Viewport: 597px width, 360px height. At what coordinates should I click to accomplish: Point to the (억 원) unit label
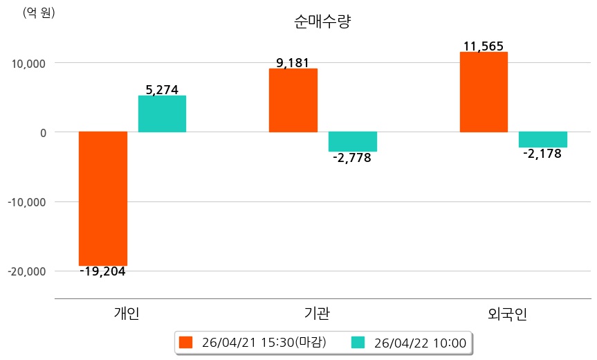point(39,13)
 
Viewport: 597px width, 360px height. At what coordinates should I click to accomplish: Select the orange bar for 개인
point(103,198)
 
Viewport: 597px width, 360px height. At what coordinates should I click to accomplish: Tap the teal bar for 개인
point(162,114)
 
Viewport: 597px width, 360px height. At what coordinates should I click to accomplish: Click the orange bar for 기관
point(293,100)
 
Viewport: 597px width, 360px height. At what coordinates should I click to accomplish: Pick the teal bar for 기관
point(352,141)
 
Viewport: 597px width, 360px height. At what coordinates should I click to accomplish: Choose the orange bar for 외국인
point(484,91)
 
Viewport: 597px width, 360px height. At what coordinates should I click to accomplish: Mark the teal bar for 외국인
point(543,139)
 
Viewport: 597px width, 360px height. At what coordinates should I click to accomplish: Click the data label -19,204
point(102,271)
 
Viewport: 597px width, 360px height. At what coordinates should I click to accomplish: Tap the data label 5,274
point(162,89)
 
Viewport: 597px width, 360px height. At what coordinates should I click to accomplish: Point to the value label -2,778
point(352,158)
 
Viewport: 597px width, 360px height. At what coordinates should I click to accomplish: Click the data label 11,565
point(484,47)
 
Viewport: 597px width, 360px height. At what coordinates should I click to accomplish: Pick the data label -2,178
point(542,154)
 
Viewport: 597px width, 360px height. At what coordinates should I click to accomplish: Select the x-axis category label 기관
point(317,314)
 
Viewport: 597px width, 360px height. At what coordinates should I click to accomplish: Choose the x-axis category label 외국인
point(507,314)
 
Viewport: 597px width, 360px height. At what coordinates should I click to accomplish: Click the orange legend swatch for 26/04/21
point(185,342)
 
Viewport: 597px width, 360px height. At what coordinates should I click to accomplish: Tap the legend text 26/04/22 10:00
point(419,342)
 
